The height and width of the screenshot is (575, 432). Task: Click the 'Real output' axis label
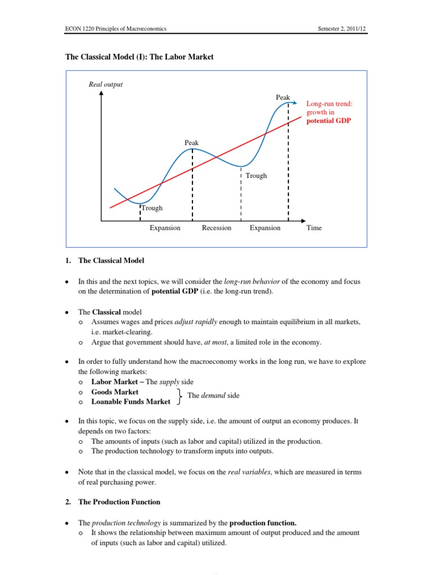106,85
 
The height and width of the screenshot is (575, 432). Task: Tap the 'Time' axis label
314,228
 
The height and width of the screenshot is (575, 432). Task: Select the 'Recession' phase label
217,228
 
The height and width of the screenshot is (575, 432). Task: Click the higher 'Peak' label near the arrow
283,98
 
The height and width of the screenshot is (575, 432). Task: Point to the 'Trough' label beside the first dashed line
152,208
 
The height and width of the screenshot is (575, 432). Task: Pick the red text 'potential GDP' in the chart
328,121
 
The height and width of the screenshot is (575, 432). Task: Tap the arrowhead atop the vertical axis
101,94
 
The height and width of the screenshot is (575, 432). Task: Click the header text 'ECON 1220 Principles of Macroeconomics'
114,29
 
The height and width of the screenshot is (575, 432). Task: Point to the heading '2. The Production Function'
113,502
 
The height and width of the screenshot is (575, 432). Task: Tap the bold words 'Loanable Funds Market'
131,402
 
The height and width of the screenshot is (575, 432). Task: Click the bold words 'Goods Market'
115,392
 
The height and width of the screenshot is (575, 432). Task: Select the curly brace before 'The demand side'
178,396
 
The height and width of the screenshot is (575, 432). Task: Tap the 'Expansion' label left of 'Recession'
165,228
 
